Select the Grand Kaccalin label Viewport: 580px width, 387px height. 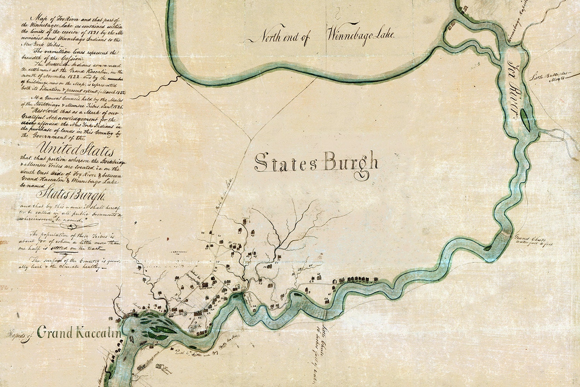[80, 333]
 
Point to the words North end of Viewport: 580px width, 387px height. [284, 37]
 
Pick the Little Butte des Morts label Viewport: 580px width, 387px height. [549, 76]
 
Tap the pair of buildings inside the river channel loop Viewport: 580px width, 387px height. [452, 27]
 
